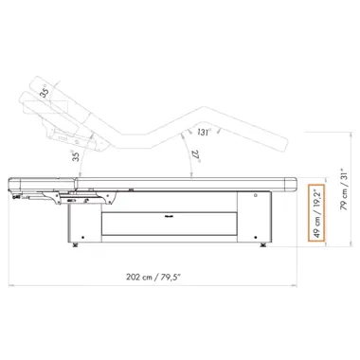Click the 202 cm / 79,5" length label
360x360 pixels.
(153, 278)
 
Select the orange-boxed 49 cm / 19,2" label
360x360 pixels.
(317, 213)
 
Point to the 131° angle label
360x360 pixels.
(204, 132)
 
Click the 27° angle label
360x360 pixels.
(196, 155)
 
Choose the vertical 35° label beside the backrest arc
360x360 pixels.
(76, 155)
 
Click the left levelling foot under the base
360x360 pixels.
(75, 244)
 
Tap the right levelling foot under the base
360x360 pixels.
(262, 244)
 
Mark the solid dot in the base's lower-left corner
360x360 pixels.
(82, 237)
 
